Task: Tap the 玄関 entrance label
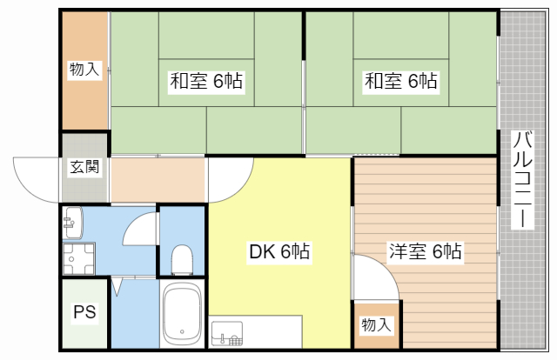84,168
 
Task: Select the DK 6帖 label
279,253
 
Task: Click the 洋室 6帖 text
425,253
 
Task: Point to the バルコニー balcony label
522,179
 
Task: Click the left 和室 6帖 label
205,83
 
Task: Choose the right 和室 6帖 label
400,83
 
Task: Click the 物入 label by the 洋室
376,325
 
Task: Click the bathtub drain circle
182,330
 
